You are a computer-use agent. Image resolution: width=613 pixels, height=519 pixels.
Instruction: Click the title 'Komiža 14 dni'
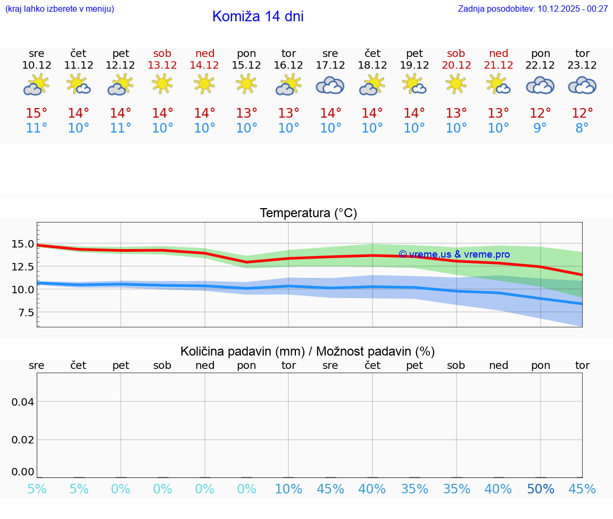tap(258, 17)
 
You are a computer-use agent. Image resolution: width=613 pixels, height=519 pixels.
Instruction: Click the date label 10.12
tap(37, 65)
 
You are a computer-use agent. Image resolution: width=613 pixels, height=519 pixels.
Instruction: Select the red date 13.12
tap(163, 65)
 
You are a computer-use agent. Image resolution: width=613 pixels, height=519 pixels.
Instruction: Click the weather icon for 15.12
tap(246, 84)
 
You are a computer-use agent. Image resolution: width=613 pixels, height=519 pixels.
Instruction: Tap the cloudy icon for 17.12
tap(330, 85)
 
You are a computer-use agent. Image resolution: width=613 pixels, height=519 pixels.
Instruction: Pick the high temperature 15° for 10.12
tap(37, 113)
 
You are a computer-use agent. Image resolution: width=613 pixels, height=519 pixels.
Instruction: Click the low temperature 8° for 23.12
tap(582, 128)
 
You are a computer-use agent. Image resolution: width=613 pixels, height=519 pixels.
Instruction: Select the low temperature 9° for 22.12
tap(540, 128)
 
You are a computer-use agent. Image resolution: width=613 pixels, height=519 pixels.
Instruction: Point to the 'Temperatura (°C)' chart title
tap(308, 213)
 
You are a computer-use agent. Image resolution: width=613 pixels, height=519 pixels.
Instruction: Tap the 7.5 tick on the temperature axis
tap(26, 312)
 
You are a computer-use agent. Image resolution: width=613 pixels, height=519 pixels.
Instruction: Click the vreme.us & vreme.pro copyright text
tap(454, 254)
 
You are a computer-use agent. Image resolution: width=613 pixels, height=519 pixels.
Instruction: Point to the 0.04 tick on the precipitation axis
tap(23, 402)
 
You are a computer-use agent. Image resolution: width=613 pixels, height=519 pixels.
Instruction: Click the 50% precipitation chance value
tap(540, 489)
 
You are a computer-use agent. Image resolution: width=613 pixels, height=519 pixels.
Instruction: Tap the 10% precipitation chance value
tap(288, 489)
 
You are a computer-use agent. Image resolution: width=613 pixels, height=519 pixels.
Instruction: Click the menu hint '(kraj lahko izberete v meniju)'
tap(60, 9)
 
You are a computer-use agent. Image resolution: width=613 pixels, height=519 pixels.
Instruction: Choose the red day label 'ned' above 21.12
tap(499, 53)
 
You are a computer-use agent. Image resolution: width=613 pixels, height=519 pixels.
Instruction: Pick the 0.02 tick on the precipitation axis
tap(23, 440)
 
